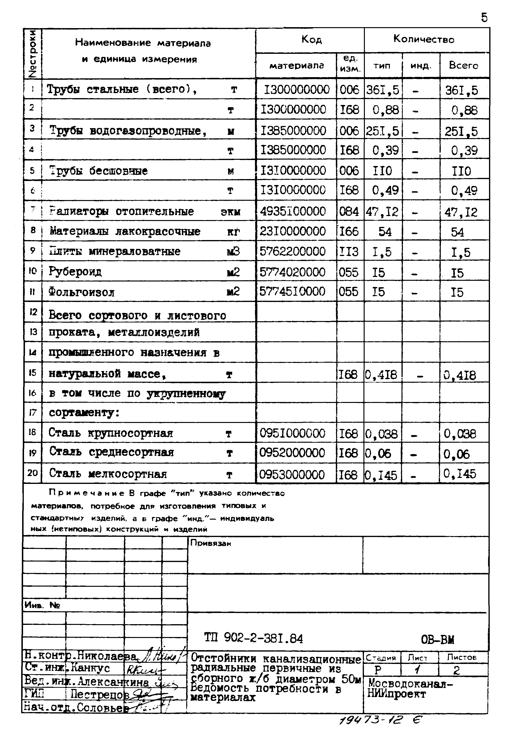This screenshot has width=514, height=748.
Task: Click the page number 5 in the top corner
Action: point(484,18)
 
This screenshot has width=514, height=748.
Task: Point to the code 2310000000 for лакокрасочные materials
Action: point(292,231)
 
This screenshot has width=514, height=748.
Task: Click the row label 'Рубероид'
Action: point(75,271)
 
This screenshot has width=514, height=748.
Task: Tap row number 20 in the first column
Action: point(33,473)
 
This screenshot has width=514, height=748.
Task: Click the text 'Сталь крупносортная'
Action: point(111,433)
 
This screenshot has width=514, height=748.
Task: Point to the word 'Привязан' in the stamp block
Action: point(211,543)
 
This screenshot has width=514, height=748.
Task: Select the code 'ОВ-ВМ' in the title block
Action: point(437,639)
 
